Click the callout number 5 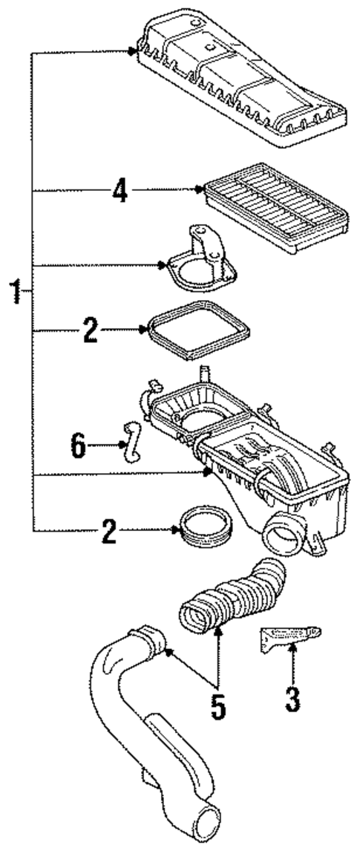217,706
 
